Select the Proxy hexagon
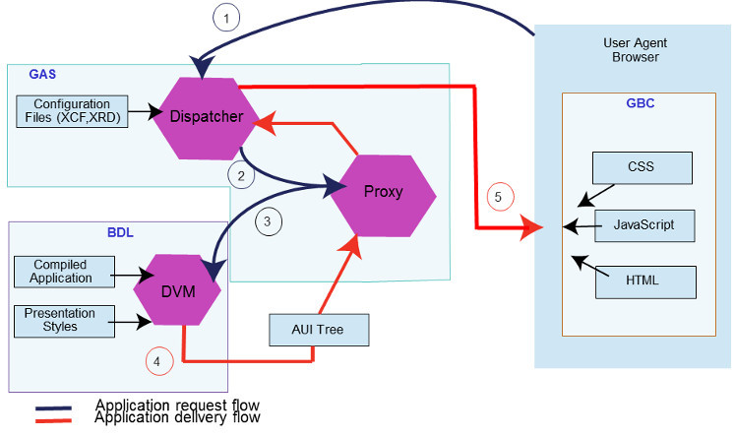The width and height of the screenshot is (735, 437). [383, 191]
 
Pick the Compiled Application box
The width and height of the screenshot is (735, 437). [63, 272]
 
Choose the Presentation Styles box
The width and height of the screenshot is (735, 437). [63, 320]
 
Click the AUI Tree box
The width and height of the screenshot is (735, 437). [319, 330]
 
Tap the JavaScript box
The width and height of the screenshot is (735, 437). [643, 224]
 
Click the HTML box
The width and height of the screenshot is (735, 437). [643, 281]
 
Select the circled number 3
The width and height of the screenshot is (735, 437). [269, 221]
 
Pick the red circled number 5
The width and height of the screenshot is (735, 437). [498, 197]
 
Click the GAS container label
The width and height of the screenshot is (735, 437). [41, 74]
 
